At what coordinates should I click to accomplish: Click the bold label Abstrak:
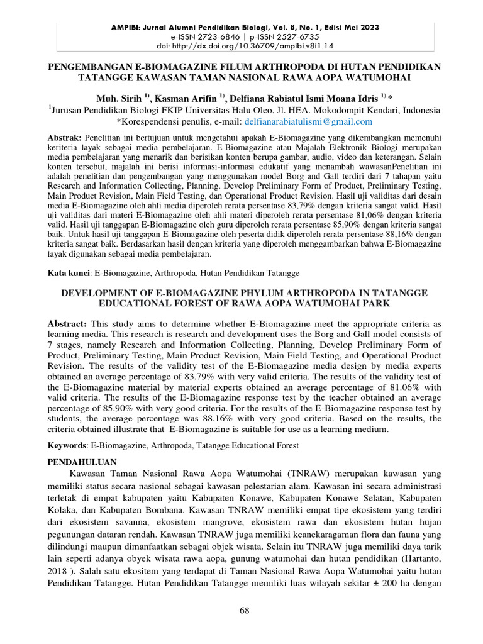(65, 137)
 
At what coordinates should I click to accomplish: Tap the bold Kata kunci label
(69, 274)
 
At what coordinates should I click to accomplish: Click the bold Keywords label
(69, 445)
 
